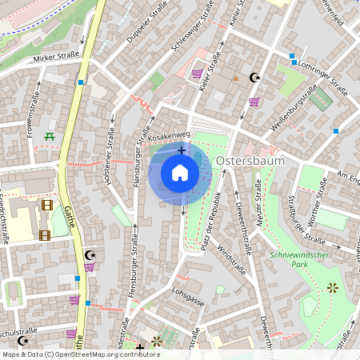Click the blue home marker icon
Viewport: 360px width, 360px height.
pos(180,173)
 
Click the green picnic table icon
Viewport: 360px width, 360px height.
pos(50,137)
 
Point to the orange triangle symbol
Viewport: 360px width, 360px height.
pos(235,78)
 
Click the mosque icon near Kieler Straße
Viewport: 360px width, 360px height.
pos(255,78)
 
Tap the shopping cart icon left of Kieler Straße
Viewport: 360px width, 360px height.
pos(197,74)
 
